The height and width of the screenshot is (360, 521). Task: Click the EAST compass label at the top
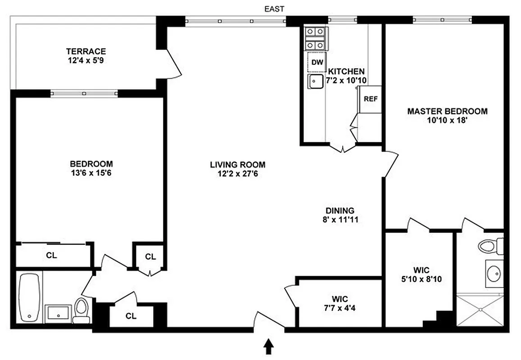point(275,9)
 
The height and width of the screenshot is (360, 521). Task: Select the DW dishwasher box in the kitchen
point(317,63)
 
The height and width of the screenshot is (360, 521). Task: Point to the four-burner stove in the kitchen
point(316,39)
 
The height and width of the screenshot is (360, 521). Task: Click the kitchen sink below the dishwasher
point(315,82)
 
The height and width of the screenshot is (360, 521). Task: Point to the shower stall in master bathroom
point(480,310)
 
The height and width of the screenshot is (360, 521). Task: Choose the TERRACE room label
point(86,51)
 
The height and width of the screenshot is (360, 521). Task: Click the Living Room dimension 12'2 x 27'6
point(238,173)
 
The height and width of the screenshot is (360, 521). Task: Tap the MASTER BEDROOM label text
point(447,111)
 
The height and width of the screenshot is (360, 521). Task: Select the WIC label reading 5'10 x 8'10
point(421,279)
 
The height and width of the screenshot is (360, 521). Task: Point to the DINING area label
point(340,211)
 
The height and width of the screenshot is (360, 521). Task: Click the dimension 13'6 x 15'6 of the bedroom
point(91,173)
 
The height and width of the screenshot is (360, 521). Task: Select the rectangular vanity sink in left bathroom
point(58,311)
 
